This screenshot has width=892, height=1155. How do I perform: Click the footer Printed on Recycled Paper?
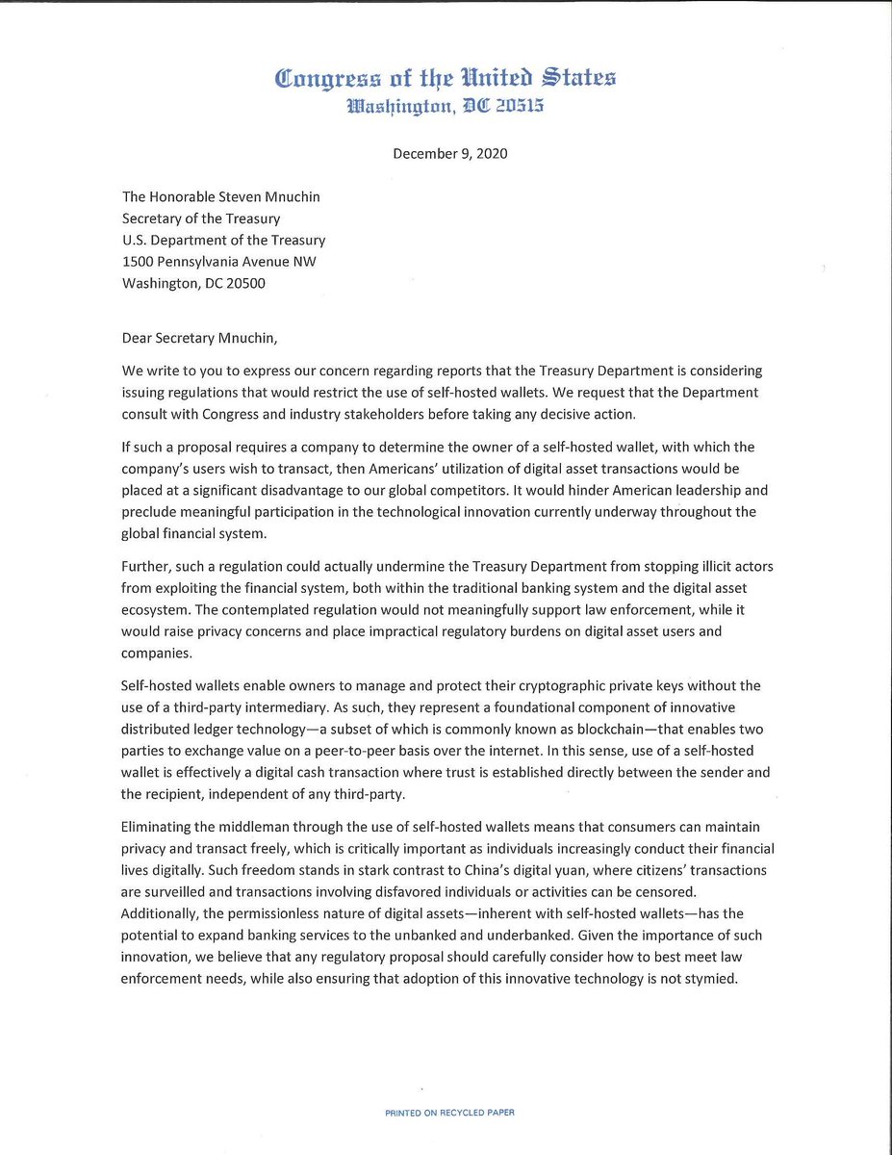tap(449, 1113)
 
